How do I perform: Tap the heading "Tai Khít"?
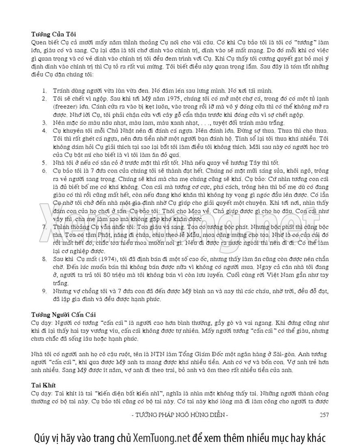(x=43, y=385)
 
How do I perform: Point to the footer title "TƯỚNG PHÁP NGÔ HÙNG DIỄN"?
(x=180, y=415)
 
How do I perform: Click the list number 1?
(x=45, y=91)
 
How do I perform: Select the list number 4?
(x=45, y=131)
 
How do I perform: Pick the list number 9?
(x=45, y=291)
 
